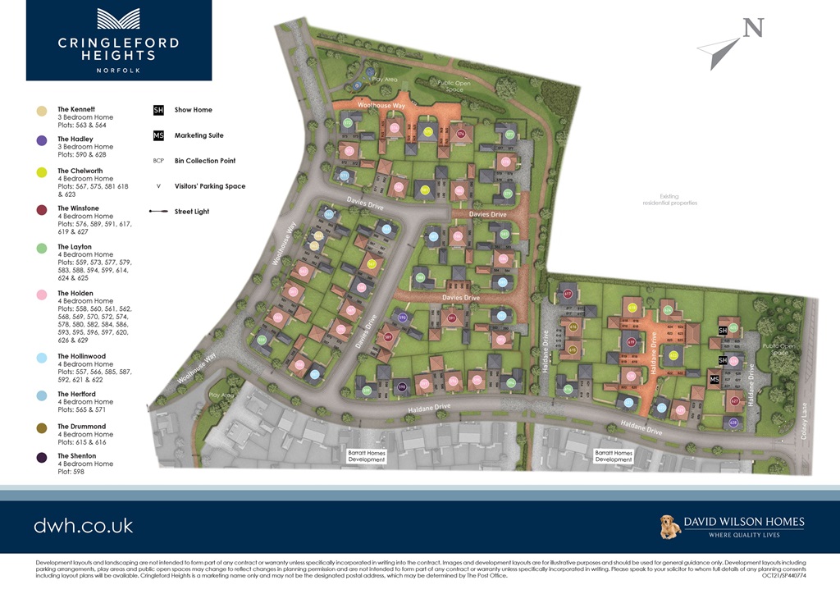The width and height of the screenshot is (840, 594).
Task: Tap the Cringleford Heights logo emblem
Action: click(x=119, y=19)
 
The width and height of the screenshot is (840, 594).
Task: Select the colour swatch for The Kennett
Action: click(x=41, y=111)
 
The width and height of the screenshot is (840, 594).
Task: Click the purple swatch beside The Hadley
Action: click(x=41, y=141)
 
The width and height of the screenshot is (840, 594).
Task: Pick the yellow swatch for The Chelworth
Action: click(x=41, y=172)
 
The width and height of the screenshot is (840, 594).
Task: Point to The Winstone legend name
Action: click(x=78, y=208)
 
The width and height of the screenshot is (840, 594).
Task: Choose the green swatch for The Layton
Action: click(x=41, y=248)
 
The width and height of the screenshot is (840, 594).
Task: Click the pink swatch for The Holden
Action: click(x=41, y=294)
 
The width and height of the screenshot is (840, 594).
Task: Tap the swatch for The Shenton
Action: click(x=41, y=457)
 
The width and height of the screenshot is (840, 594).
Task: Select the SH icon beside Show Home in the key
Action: click(x=159, y=110)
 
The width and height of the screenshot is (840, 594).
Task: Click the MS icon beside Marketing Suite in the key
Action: click(x=159, y=135)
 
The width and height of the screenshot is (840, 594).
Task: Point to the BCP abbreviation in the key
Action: click(x=159, y=161)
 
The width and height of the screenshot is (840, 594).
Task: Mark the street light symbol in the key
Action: click(x=159, y=212)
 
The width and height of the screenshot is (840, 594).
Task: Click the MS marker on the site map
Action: click(x=714, y=379)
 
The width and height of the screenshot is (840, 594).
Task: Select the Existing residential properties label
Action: click(x=670, y=199)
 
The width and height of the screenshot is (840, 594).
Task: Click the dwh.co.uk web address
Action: click(x=83, y=525)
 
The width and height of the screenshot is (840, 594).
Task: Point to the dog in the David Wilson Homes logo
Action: click(x=671, y=526)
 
